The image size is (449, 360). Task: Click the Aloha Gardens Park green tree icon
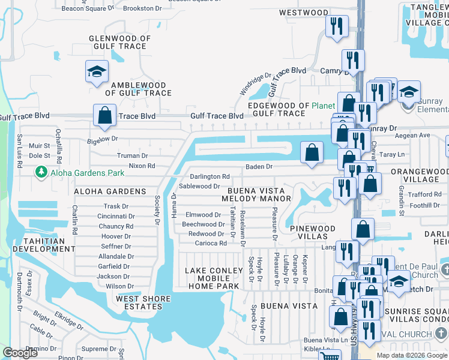(41, 173)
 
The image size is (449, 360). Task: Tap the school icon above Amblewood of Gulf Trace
(97, 72)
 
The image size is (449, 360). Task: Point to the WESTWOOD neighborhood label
(304, 13)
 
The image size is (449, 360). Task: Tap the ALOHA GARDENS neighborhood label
(110, 191)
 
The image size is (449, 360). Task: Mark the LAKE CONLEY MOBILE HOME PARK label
(214, 278)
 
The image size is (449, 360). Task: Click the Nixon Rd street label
(142, 166)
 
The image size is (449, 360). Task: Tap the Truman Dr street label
(132, 155)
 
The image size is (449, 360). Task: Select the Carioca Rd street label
(211, 244)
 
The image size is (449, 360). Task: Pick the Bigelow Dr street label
(102, 139)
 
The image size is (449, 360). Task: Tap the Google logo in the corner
(20, 353)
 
